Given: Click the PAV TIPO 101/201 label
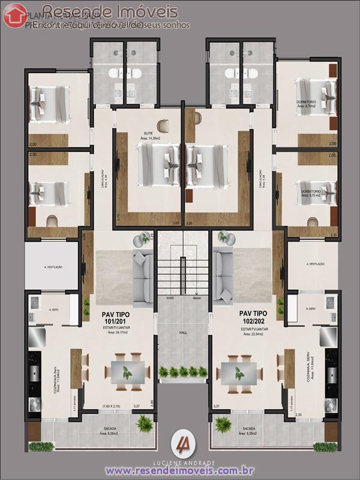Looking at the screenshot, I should click(x=116, y=317).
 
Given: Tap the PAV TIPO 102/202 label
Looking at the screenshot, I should click(x=253, y=317).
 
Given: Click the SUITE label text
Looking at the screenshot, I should click(x=148, y=133).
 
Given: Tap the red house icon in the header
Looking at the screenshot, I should click(x=15, y=16).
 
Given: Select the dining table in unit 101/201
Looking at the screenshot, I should click(x=127, y=373).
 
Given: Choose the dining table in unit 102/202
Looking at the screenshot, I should click(x=238, y=373).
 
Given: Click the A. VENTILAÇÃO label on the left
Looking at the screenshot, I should click(x=53, y=266).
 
